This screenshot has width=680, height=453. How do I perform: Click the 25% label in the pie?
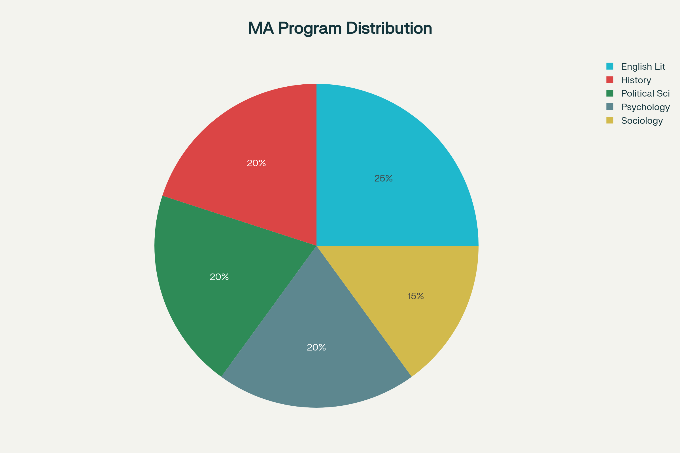383,179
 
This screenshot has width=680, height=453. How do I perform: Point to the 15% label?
415,296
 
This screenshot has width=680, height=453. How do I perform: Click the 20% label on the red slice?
256,163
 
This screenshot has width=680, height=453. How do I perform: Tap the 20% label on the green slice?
219,277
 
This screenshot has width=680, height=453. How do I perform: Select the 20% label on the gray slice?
316,347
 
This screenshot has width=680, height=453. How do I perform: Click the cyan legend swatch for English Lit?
610,66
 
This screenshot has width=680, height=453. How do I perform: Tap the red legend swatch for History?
610,80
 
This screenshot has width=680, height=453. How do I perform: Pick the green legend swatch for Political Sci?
610,93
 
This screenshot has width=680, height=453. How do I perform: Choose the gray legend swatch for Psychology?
610,107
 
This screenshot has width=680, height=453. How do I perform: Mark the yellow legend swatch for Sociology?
610,120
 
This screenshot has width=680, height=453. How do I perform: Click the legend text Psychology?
645,107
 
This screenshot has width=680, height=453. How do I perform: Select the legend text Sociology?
642,121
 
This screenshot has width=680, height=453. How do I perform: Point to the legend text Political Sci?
645,93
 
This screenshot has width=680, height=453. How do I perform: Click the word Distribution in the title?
389,28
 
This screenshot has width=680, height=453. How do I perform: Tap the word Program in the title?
310,29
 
